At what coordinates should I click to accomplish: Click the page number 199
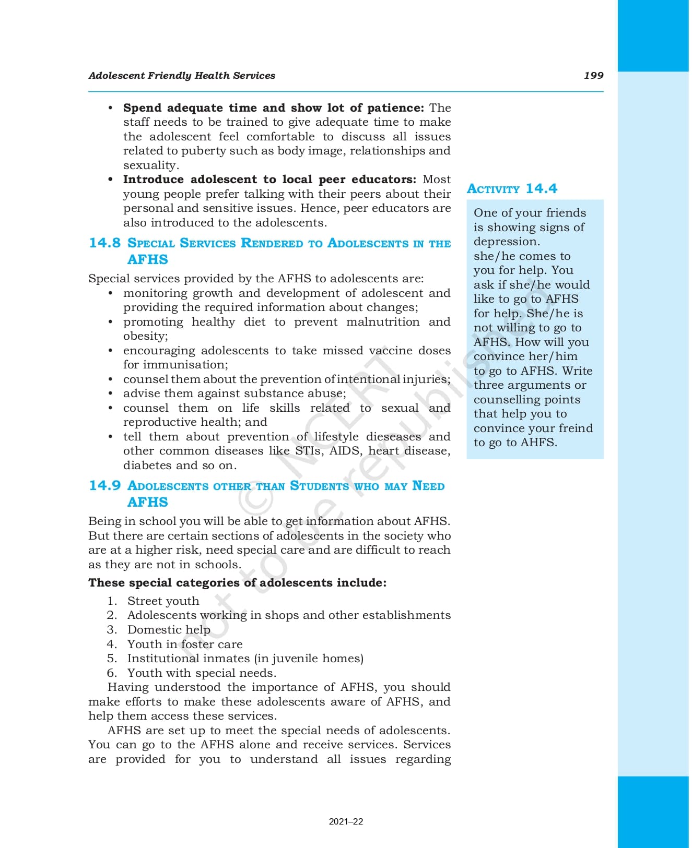click(593, 76)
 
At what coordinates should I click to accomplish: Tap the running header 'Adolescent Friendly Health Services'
click(182, 76)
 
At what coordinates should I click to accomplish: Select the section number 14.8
click(104, 243)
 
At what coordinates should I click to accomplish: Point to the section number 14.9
click(104, 486)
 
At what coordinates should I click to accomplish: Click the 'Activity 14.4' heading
click(512, 189)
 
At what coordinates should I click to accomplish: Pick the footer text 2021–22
click(346, 821)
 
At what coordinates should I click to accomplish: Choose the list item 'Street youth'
click(163, 601)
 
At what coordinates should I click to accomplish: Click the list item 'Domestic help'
click(169, 630)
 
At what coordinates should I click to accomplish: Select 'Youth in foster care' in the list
click(185, 644)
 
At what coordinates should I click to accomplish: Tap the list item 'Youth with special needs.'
click(202, 673)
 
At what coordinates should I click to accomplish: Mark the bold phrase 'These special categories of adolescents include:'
click(237, 583)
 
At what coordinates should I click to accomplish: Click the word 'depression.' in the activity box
click(507, 242)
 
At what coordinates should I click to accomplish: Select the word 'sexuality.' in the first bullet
click(151, 165)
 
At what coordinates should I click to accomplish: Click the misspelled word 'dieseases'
click(393, 437)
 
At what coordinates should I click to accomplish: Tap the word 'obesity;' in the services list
click(146, 337)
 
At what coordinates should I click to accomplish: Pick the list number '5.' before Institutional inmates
click(112, 659)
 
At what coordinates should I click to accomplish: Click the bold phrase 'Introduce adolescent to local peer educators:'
click(269, 180)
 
